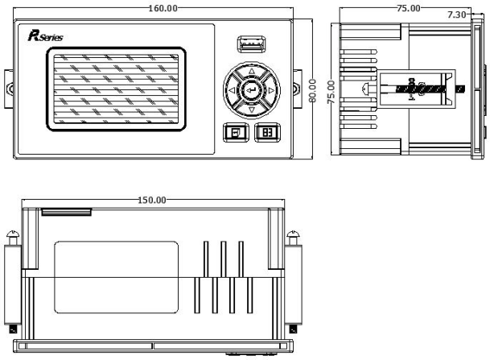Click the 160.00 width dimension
point(163,8)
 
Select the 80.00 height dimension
point(312,91)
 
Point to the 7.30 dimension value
point(456,14)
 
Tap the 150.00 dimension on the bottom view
point(152,200)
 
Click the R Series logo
point(46,35)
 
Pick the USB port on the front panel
point(252,44)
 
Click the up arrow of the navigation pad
point(252,72)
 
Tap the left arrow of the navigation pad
point(232,90)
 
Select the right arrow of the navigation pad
point(271,90)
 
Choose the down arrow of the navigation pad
point(252,110)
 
